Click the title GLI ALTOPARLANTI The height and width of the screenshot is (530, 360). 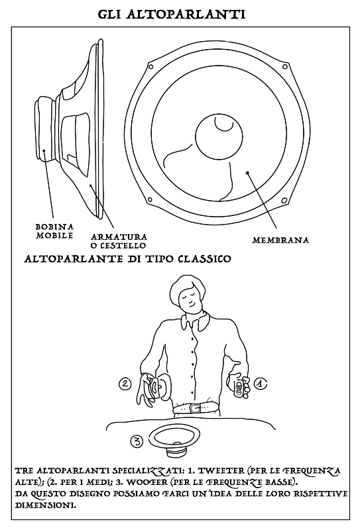(x=172, y=14)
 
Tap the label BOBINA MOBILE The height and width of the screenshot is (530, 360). (x=54, y=231)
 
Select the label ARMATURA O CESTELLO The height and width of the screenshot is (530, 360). (x=119, y=241)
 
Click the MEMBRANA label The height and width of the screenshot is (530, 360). (x=280, y=240)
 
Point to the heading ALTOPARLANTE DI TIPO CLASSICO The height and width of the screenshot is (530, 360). (x=128, y=259)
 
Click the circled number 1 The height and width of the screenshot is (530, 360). (x=261, y=384)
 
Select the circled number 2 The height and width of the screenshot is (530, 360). (x=125, y=384)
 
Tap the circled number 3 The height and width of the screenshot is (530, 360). (x=137, y=441)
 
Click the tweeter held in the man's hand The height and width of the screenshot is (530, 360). (x=239, y=388)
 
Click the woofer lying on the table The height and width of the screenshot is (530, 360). (x=174, y=439)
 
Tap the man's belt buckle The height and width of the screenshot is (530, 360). (x=194, y=408)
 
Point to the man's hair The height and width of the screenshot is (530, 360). (x=186, y=288)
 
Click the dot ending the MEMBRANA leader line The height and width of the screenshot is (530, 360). (x=247, y=172)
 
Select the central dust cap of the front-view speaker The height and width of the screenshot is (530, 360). (x=219, y=137)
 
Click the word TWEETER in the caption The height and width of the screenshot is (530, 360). (x=215, y=471)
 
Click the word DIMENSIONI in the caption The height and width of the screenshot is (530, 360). (x=45, y=505)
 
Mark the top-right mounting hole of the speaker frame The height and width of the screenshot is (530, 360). (x=285, y=66)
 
